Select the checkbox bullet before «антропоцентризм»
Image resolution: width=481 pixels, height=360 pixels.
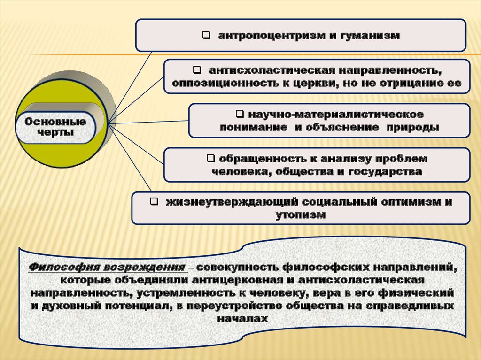pyautogui.click(x=206, y=35)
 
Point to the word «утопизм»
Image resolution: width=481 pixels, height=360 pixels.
pyautogui.click(x=301, y=215)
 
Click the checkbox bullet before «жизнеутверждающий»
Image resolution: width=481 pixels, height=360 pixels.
pyautogui.click(x=154, y=202)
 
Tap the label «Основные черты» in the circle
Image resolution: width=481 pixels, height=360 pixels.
pyautogui.click(x=55, y=127)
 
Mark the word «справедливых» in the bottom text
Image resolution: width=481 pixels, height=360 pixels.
pyautogui.click(x=417, y=306)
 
